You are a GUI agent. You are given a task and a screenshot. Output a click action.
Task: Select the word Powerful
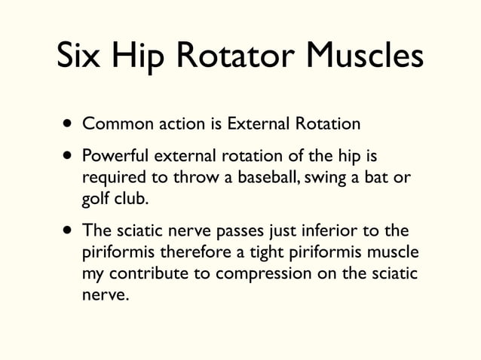click(x=115, y=157)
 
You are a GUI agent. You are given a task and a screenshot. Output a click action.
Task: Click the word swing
click(x=339, y=178)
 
